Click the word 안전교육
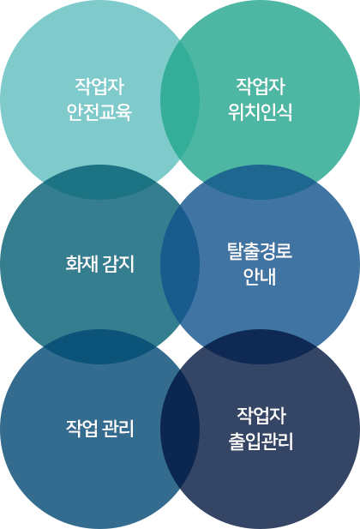pos(99,112)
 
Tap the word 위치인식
pos(260,112)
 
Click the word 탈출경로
pos(260,251)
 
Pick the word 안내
pos(260,277)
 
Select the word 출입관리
pos(261,442)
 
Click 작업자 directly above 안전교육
pos(99,87)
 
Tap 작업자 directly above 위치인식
pos(261,87)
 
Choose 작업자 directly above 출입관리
pos(261,416)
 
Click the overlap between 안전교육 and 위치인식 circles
pos(180,99)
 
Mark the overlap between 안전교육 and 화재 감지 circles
pos(99,182)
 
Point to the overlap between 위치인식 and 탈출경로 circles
pos(260,182)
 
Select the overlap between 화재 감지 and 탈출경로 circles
pos(180,264)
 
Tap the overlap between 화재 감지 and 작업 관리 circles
pos(99,347)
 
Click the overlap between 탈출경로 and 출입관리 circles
pos(260,347)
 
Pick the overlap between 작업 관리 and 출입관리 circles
pos(180,429)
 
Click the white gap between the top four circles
pos(180,182)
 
